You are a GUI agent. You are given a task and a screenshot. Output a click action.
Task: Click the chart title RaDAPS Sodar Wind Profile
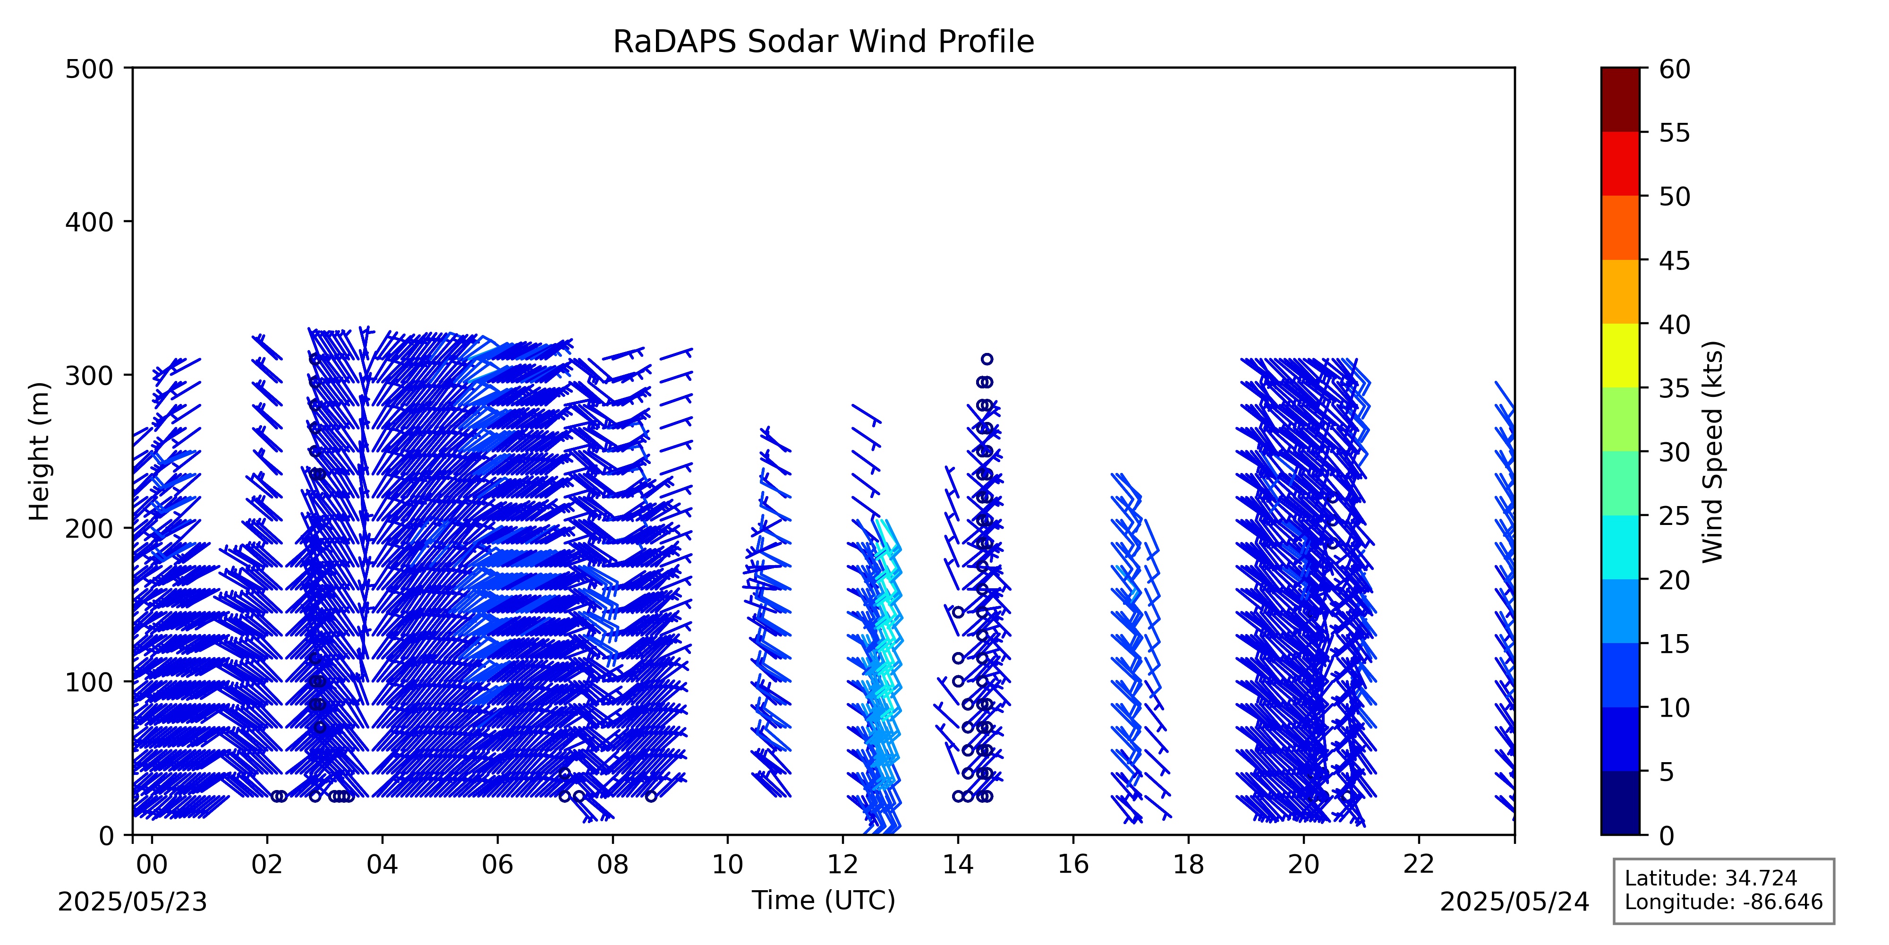coord(824,42)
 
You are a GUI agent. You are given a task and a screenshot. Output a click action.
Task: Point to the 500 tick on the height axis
coord(128,68)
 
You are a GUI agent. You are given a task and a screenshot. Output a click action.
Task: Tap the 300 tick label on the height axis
coord(89,375)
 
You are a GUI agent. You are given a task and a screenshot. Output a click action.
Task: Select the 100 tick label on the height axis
coord(89,682)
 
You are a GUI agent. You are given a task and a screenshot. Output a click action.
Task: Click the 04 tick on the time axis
coord(382,839)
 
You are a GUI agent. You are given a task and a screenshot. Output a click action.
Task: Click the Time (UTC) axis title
coord(824,900)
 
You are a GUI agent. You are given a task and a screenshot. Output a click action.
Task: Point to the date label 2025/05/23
coord(133,902)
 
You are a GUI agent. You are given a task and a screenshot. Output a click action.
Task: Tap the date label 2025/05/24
coord(1515,902)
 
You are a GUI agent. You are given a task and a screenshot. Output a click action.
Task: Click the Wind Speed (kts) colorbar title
coord(1712,451)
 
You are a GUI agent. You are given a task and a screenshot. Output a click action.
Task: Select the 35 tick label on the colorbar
coord(1675,388)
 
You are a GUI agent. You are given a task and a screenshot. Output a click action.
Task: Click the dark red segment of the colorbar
coord(1620,100)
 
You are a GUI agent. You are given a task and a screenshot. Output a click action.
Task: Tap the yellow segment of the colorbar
coord(1620,355)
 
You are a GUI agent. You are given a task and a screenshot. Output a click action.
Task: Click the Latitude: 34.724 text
coord(1711,878)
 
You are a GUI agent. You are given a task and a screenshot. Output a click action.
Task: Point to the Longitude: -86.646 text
coord(1723,902)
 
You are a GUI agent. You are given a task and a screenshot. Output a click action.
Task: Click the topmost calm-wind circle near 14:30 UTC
coord(987,359)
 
